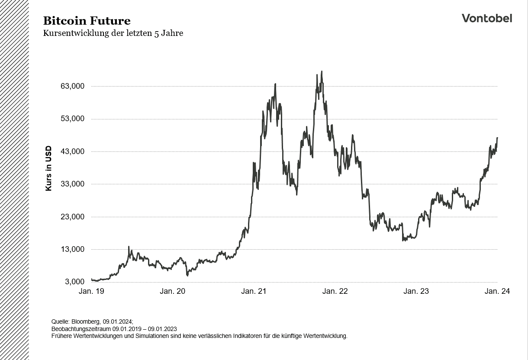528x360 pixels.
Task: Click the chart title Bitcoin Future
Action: (87, 21)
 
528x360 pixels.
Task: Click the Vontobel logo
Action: (486, 18)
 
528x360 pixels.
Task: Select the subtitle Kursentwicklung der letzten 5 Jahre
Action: (113, 33)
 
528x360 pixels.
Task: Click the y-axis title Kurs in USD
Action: (48, 168)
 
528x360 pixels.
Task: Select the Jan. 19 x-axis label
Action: (91, 291)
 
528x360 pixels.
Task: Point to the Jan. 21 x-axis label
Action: (254, 291)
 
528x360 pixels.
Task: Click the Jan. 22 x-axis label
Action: (335, 291)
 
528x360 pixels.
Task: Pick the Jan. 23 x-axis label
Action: (416, 291)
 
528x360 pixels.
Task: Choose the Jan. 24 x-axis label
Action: (497, 291)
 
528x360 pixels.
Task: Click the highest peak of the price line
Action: (322, 72)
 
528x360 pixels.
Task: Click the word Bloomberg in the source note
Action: (86, 321)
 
